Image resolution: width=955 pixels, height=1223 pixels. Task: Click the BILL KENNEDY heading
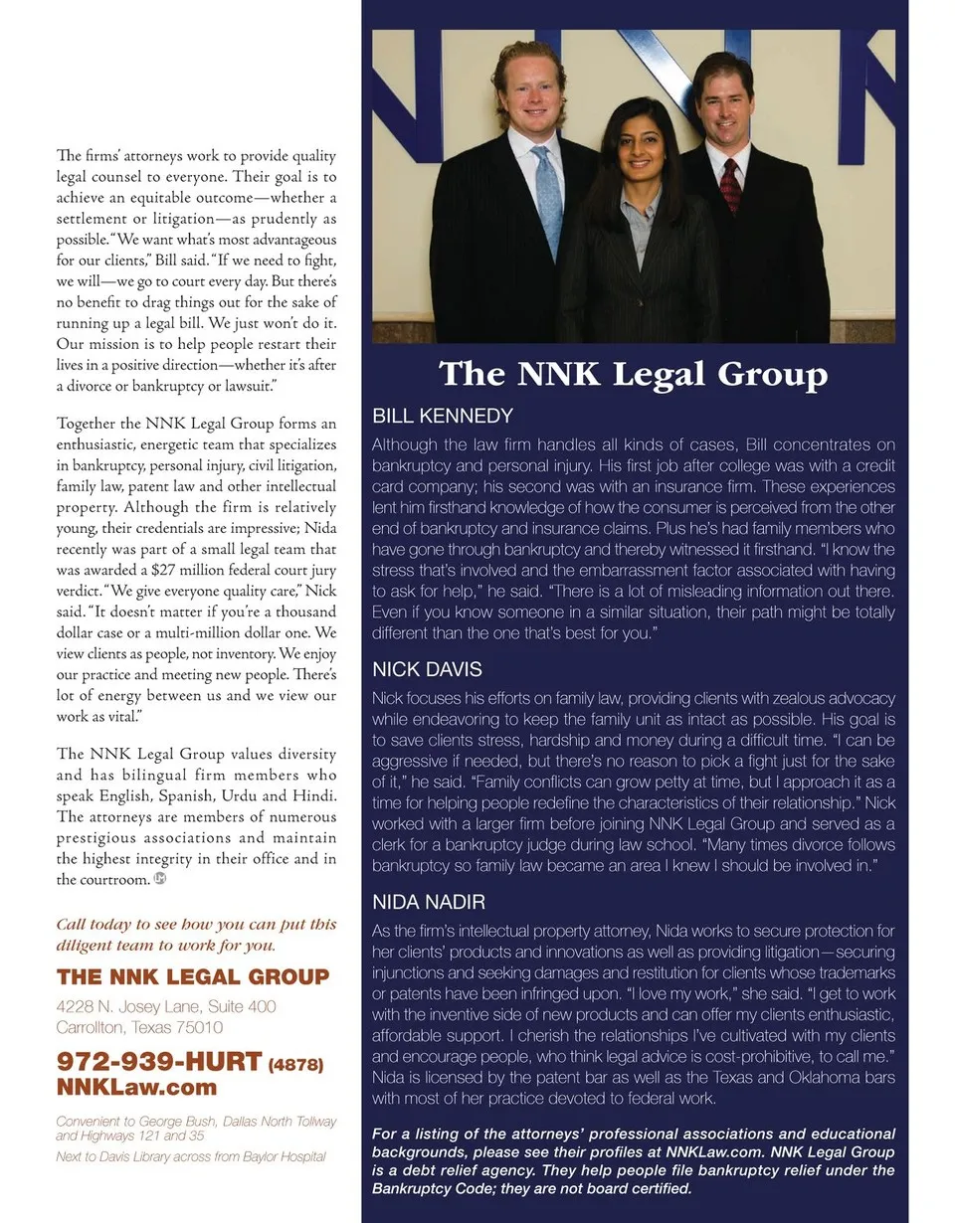click(442, 416)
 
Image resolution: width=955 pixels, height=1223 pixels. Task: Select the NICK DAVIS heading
click(427, 669)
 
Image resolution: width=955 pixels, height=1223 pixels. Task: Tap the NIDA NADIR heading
click(429, 903)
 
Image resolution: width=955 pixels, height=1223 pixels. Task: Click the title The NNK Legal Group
click(634, 374)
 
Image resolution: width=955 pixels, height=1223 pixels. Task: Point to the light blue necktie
click(547, 204)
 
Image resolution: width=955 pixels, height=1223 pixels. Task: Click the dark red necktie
click(731, 185)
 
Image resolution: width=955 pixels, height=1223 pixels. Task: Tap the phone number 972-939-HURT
click(159, 1061)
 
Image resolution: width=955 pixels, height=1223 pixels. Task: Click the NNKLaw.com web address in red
click(136, 1087)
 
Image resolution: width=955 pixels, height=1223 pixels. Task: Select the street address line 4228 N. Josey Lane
click(166, 1007)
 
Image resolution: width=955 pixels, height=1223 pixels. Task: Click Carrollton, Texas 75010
click(139, 1027)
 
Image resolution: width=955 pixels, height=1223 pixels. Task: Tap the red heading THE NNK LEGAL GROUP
click(193, 976)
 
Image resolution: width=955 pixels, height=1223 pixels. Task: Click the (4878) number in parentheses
click(296, 1064)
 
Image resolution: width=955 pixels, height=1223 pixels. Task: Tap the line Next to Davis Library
click(190, 1156)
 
